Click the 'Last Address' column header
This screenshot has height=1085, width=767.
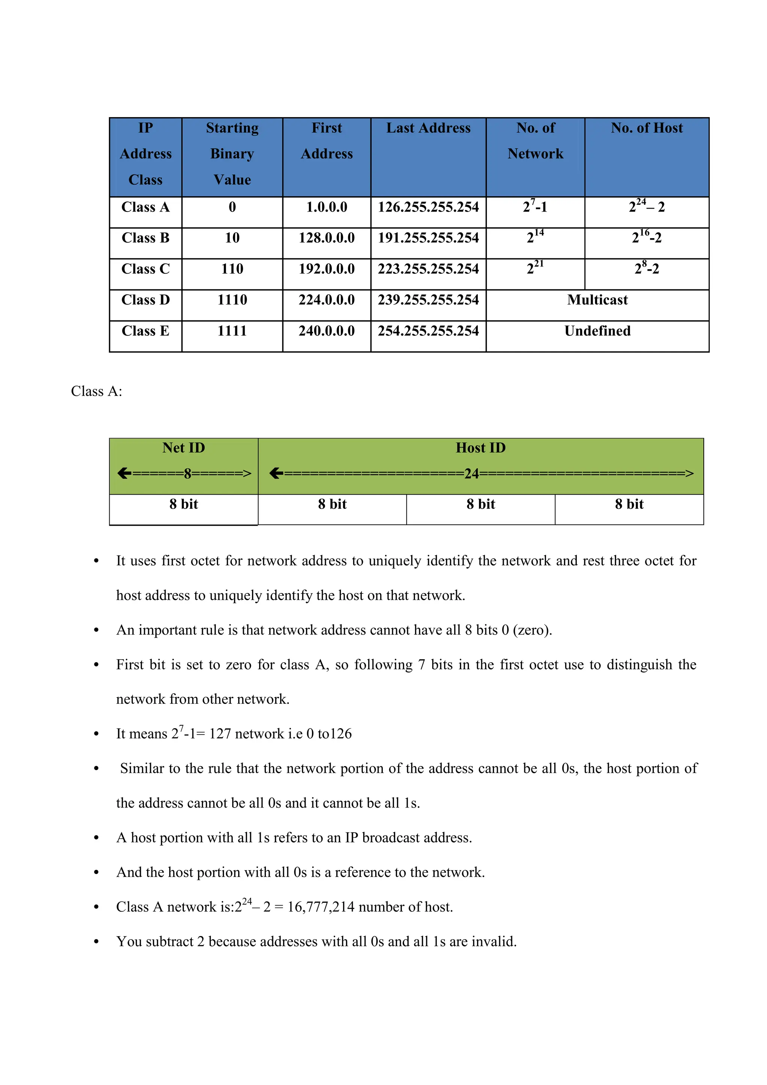pyautogui.click(x=428, y=128)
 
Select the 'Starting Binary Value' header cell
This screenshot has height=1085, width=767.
pyautogui.click(x=232, y=154)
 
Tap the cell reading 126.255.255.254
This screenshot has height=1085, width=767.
pyautogui.click(x=428, y=207)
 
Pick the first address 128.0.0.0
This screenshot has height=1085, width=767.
pyautogui.click(x=327, y=238)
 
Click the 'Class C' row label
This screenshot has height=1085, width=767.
pyautogui.click(x=146, y=269)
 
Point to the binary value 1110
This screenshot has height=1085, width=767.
pyautogui.click(x=232, y=300)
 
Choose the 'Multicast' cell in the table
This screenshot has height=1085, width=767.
pyautogui.click(x=597, y=300)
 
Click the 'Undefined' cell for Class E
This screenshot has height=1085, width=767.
pyautogui.click(x=597, y=331)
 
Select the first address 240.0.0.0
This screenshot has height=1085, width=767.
pyautogui.click(x=327, y=331)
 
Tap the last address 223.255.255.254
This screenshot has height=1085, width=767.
pyautogui.click(x=428, y=269)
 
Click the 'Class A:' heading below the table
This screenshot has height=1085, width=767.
pyautogui.click(x=96, y=391)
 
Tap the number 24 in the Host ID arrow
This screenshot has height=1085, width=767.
pyautogui.click(x=472, y=474)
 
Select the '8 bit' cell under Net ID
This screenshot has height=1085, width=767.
pyautogui.click(x=184, y=504)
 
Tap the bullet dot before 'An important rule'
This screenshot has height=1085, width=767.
pyautogui.click(x=96, y=630)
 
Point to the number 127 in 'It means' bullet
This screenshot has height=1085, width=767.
pyautogui.click(x=220, y=734)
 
